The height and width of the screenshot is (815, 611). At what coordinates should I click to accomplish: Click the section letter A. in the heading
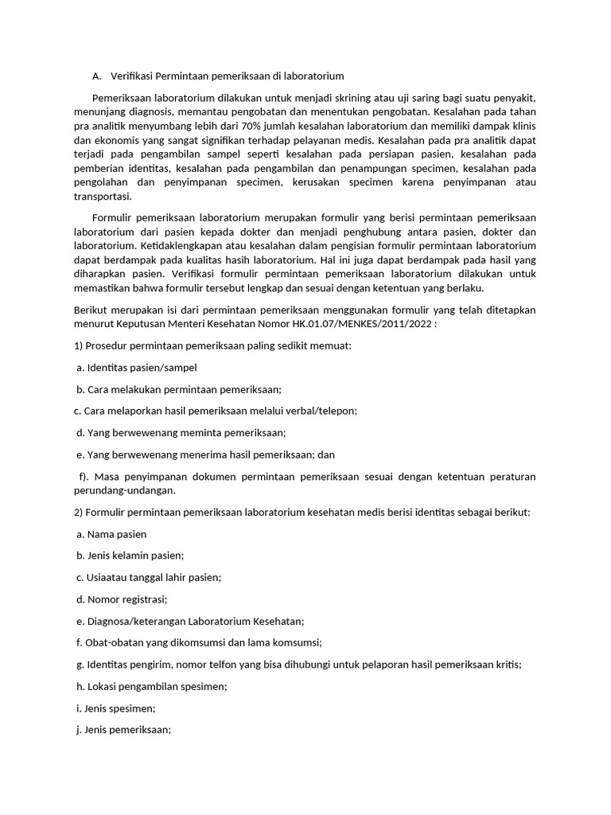(97, 76)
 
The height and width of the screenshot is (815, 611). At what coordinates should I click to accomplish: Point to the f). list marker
(83, 476)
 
